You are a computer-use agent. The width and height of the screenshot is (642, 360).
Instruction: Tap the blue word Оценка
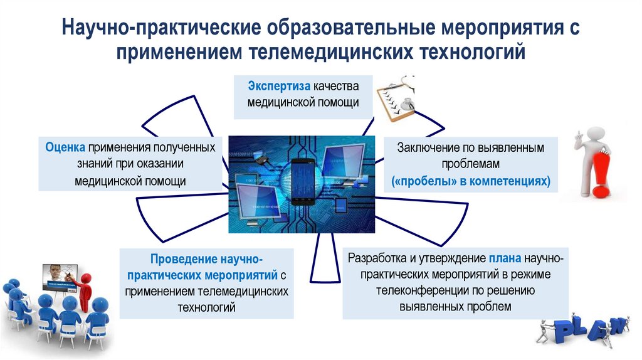pos(65,147)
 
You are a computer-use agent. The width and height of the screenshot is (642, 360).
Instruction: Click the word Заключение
pos(426,148)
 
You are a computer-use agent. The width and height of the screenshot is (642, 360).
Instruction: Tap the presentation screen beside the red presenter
pos(59,277)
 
